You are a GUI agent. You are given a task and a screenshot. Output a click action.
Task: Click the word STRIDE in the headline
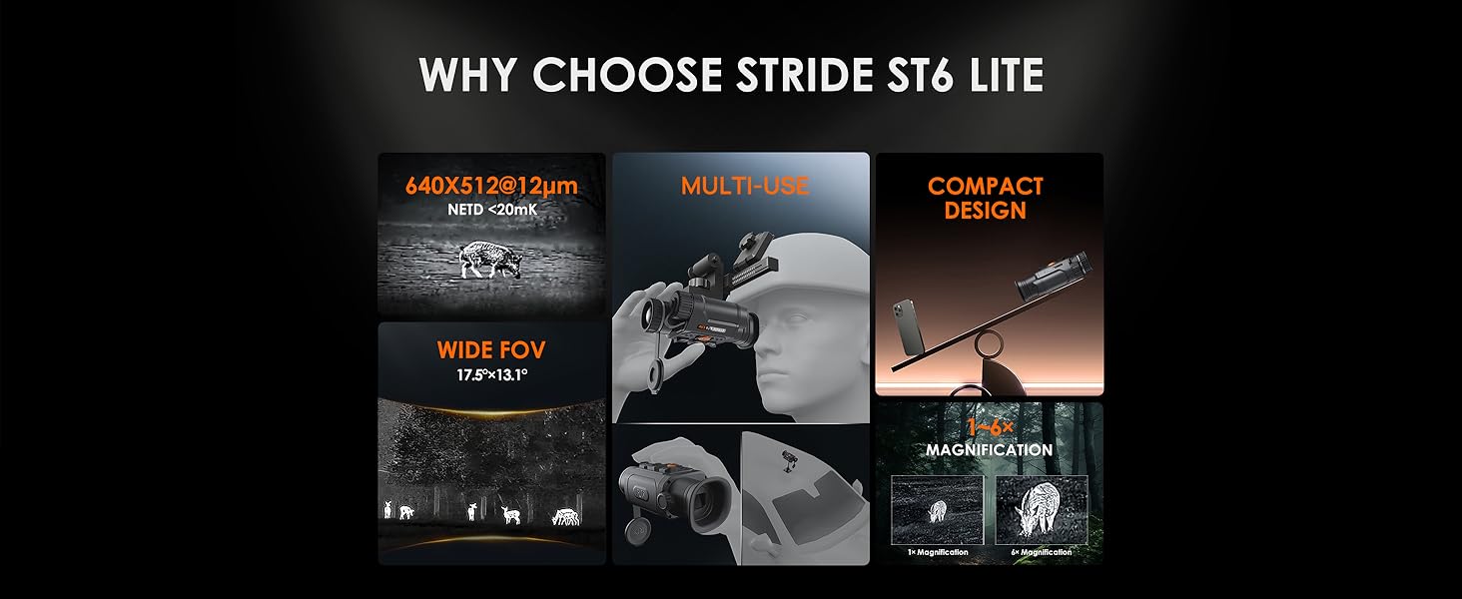[x=804, y=75]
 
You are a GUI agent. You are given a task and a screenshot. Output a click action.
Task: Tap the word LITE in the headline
[x=998, y=75]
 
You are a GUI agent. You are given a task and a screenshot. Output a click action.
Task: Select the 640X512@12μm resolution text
[x=491, y=186]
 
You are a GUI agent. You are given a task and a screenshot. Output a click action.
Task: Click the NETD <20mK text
[x=492, y=210]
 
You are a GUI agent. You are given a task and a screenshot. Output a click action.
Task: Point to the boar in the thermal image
[x=489, y=260]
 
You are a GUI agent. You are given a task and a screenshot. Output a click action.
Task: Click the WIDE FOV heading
[x=490, y=349]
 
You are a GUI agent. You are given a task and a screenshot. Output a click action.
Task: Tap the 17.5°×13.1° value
[x=491, y=375]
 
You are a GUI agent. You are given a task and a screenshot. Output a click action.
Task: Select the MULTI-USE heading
[x=745, y=187]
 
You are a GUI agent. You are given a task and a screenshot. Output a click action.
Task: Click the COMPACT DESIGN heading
[x=985, y=199]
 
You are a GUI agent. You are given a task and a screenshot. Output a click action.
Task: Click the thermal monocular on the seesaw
[x=1052, y=278]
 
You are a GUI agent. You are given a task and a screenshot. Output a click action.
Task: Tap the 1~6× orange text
[x=990, y=428]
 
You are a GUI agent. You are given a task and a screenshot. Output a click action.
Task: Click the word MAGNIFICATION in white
[x=989, y=450]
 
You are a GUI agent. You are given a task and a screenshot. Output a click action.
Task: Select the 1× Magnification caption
[x=938, y=552]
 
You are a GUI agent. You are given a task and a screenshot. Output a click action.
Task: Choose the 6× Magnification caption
[x=1041, y=552]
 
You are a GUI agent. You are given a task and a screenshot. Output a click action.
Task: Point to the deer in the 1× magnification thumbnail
[x=938, y=511]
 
